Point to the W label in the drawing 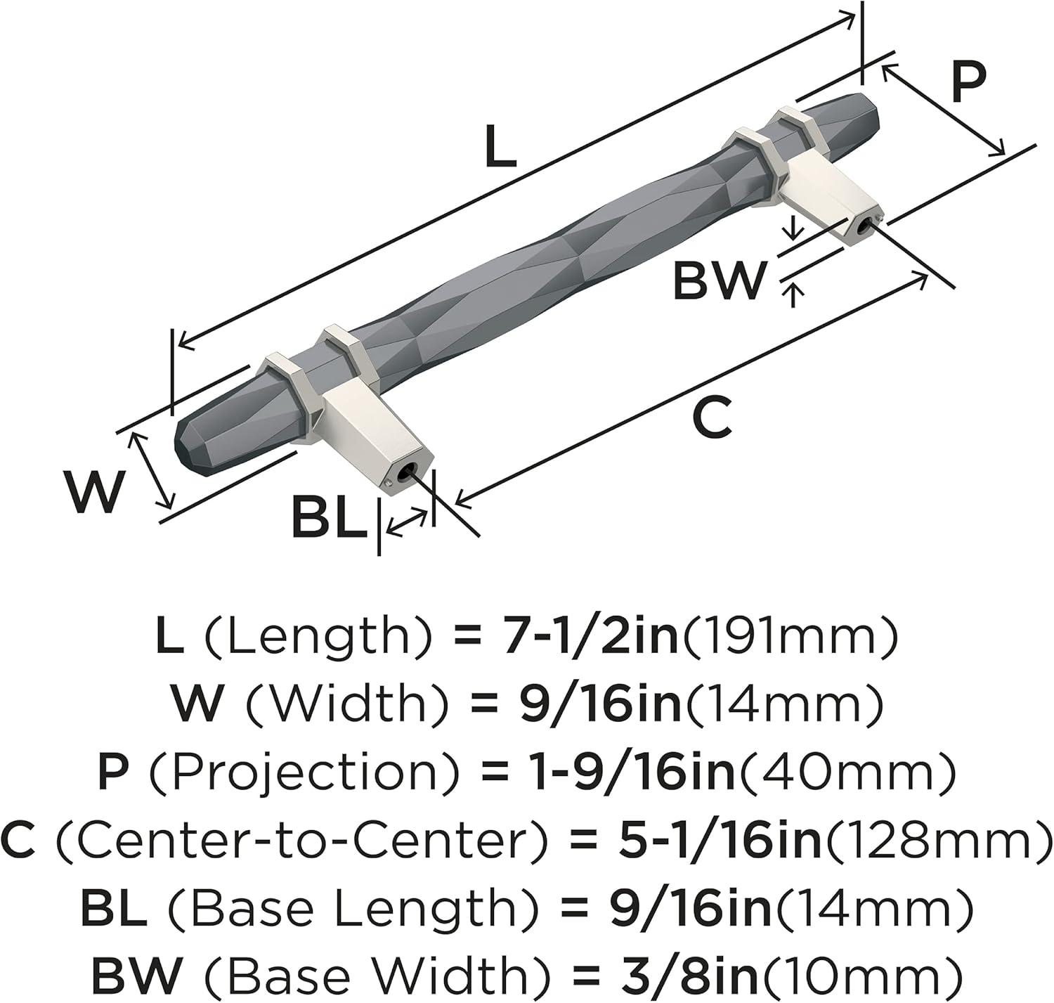(93, 491)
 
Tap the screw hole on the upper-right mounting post (860, 228)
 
